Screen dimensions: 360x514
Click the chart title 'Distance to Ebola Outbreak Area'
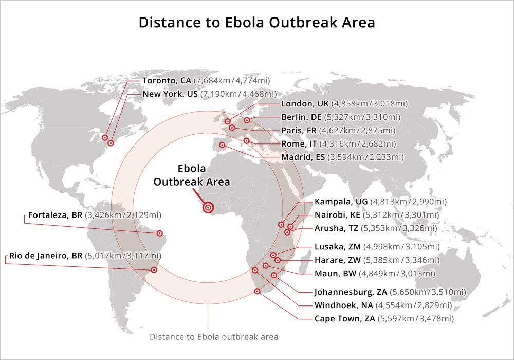pos(256,23)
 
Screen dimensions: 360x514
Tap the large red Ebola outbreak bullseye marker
pos(208,207)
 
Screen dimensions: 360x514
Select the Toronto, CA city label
pos(167,81)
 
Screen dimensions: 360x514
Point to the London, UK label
pos(305,104)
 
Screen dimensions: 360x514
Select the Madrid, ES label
pos(304,157)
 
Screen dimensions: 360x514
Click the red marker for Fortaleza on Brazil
pos(160,233)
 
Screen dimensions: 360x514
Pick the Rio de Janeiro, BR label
pos(46,255)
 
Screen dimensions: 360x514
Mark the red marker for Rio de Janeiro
pos(154,269)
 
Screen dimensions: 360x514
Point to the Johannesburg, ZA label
pos(351,292)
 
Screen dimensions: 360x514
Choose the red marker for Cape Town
pos(258,292)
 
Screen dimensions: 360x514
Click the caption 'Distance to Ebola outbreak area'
pos(214,337)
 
